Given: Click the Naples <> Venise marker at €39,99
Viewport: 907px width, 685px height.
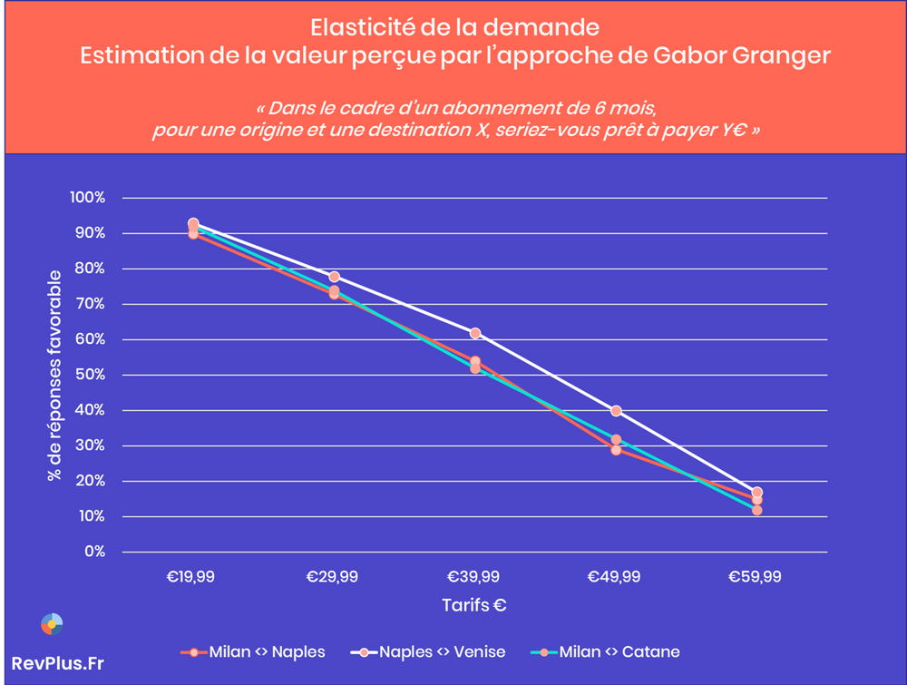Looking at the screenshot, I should pyautogui.click(x=474, y=334).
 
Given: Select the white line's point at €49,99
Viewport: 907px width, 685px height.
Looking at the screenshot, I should pyautogui.click(x=616, y=411).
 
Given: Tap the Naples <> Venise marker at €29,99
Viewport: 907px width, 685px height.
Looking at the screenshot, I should pyautogui.click(x=334, y=277).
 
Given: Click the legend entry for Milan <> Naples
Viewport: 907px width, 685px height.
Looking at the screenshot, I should pyautogui.click(x=253, y=651).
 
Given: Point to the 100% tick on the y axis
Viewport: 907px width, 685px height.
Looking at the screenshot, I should pyautogui.click(x=89, y=198).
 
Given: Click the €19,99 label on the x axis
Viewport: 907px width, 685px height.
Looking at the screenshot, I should pyautogui.click(x=192, y=576).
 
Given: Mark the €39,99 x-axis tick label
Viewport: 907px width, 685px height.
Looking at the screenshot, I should pyautogui.click(x=474, y=576).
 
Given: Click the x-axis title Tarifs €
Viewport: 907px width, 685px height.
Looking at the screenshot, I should pyautogui.click(x=473, y=605).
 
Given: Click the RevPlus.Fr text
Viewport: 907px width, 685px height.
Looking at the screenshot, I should pyautogui.click(x=57, y=663).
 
